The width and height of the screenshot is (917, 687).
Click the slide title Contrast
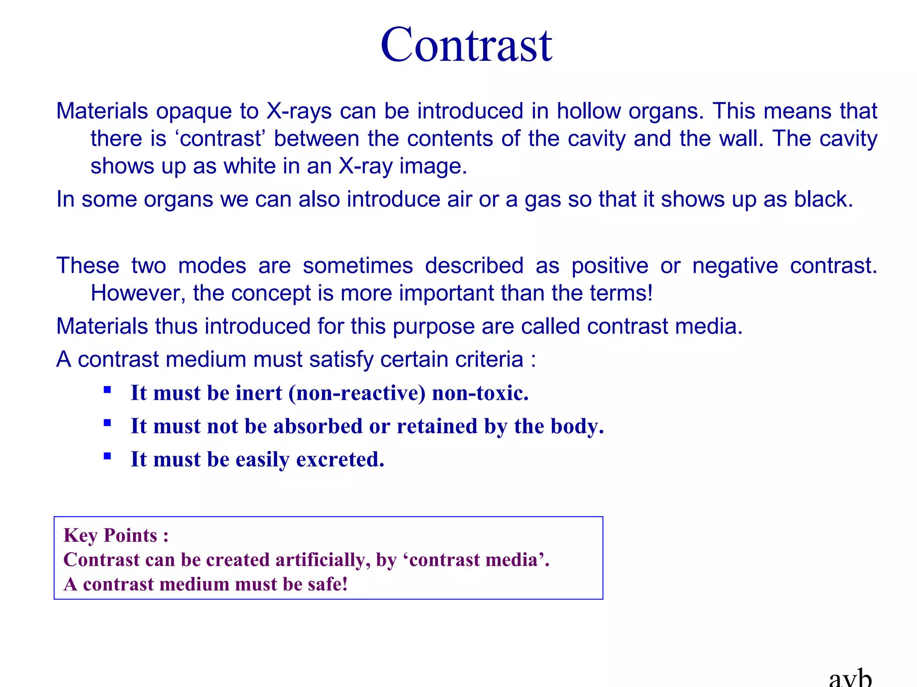(x=466, y=45)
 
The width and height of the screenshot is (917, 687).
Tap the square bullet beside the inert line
(x=107, y=390)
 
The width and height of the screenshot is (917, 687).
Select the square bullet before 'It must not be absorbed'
(x=107, y=423)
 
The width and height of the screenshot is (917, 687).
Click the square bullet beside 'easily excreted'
(x=107, y=456)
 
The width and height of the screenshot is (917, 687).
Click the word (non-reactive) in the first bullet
(x=357, y=394)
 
